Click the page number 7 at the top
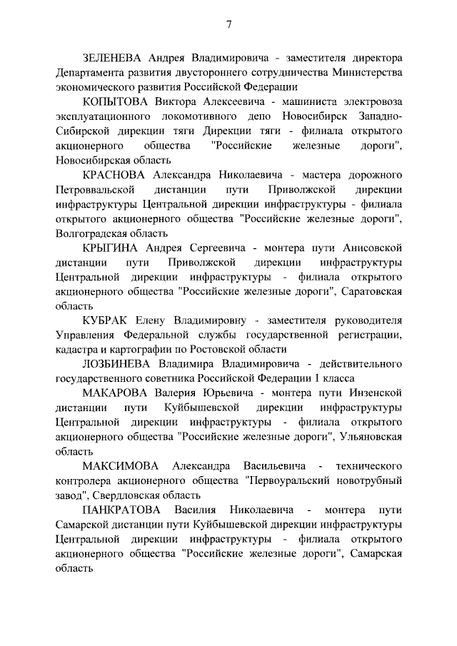point(228,25)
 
